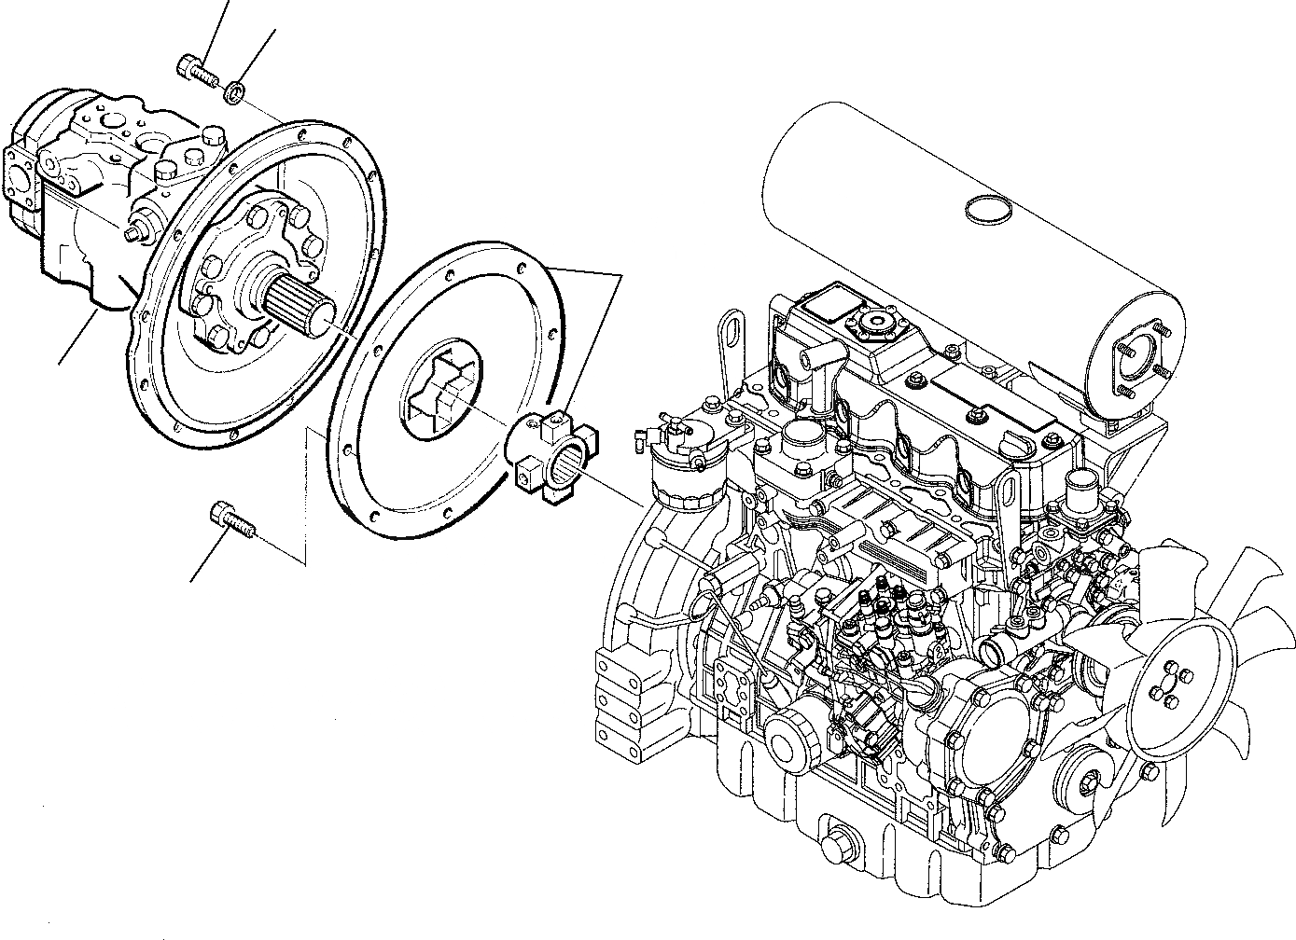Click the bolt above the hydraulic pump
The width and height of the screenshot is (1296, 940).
click(194, 68)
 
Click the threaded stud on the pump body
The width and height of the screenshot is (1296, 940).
click(140, 231)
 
